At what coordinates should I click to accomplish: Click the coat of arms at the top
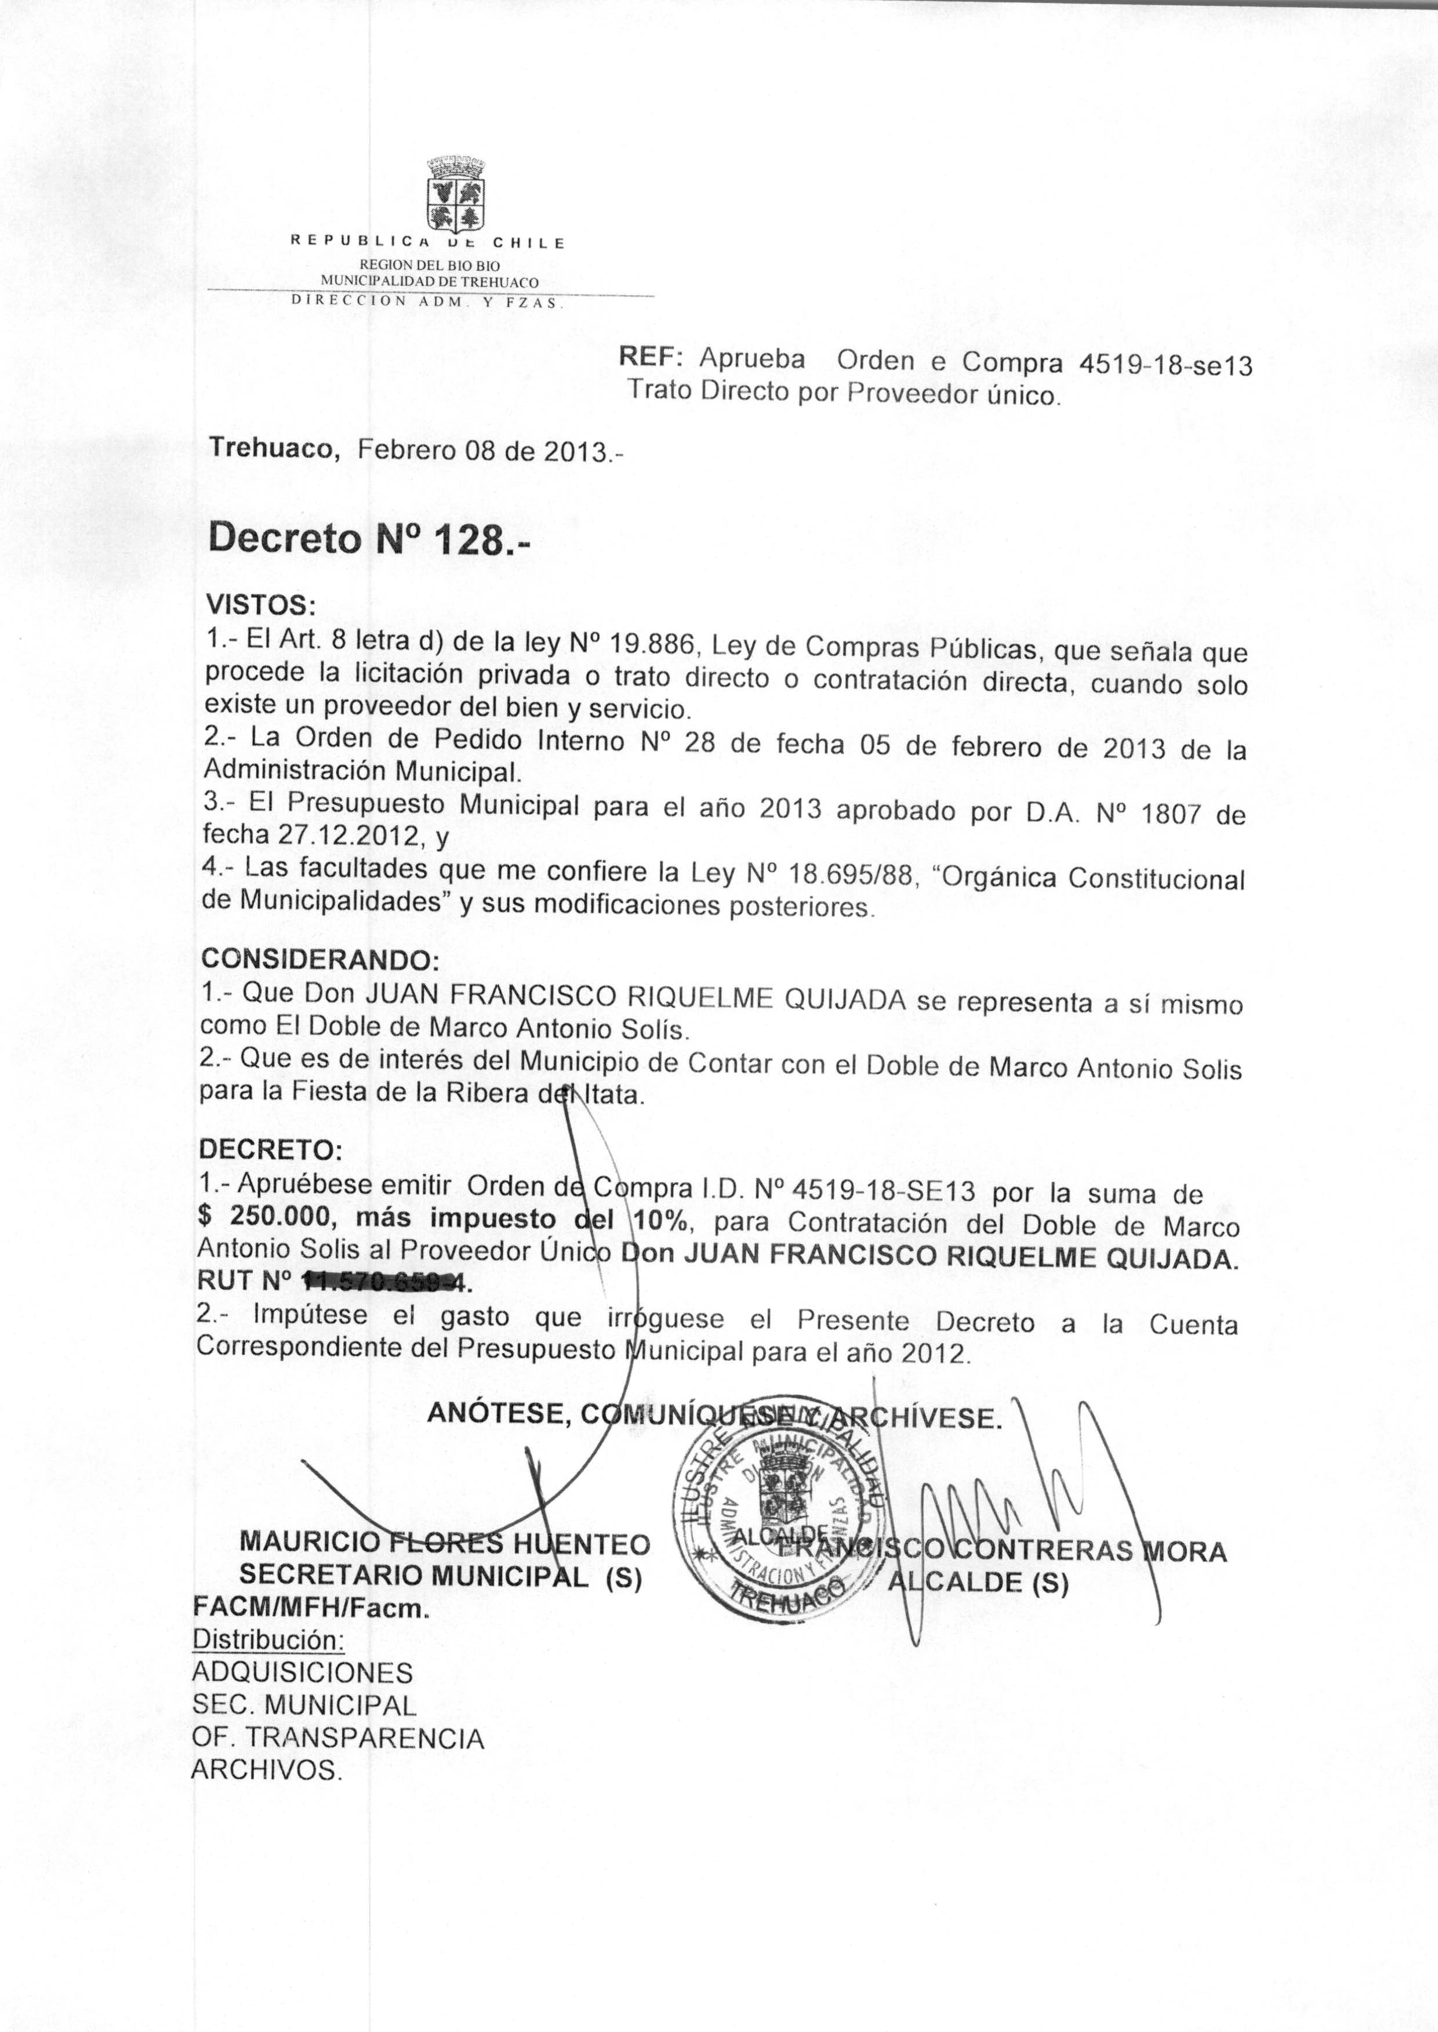pos(455,193)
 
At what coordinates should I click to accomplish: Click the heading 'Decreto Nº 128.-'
pos(368,539)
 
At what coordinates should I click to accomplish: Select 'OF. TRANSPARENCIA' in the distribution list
pos(338,1738)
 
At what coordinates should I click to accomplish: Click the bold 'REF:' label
pos(649,356)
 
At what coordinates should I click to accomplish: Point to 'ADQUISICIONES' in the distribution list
pos(303,1672)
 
